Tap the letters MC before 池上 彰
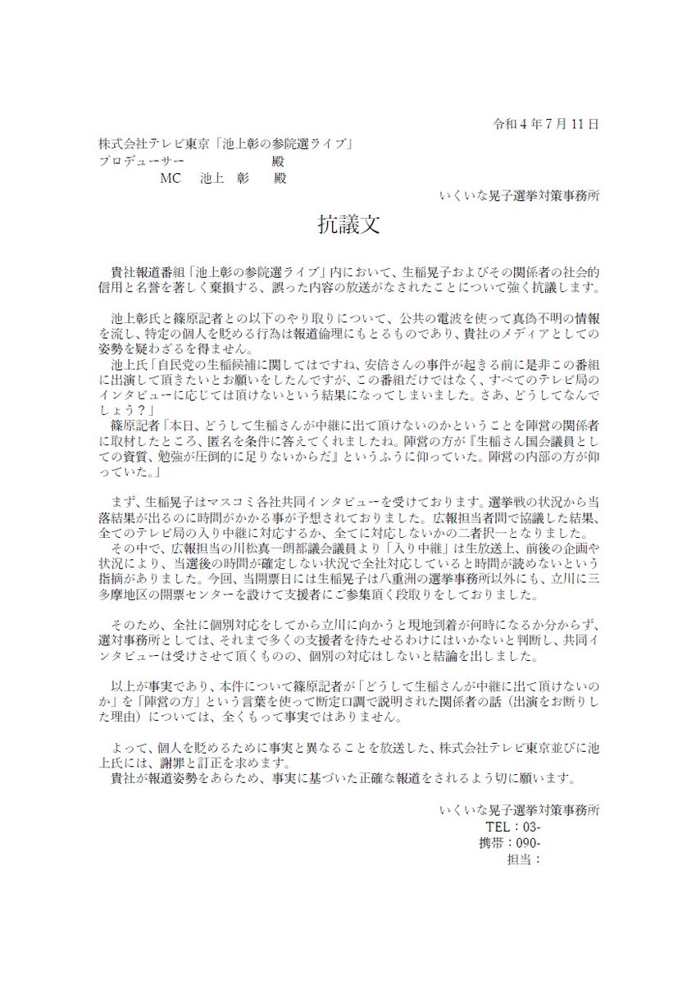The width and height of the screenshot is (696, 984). [x=172, y=178]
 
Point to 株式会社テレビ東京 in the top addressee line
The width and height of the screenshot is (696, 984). [x=156, y=143]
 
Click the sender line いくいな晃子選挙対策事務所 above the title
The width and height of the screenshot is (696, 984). [x=519, y=197]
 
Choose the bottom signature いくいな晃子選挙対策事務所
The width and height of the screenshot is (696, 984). [x=519, y=809]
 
